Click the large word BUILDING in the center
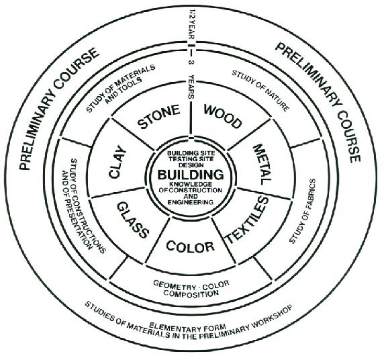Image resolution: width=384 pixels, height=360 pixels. (x=191, y=175)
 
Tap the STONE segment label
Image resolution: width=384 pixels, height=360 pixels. (x=158, y=117)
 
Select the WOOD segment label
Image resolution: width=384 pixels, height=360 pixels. (x=222, y=116)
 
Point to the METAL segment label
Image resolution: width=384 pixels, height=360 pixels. (x=262, y=165)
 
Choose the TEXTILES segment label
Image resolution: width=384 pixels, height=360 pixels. (x=247, y=220)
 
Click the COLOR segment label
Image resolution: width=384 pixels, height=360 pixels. (x=190, y=246)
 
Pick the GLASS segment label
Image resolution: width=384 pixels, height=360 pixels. (x=133, y=220)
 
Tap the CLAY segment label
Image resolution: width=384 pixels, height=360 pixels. (x=117, y=162)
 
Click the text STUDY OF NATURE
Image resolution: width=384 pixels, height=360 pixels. (x=260, y=91)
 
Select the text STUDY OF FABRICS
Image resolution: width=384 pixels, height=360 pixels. (x=303, y=211)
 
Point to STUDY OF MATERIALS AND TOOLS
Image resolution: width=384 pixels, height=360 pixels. (x=121, y=88)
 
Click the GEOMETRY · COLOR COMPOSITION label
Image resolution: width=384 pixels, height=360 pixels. (x=191, y=288)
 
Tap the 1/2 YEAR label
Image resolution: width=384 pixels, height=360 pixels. (x=192, y=24)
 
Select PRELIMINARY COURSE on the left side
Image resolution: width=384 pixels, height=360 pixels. (x=59, y=109)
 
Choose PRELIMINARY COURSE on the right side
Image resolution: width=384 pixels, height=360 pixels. (x=318, y=103)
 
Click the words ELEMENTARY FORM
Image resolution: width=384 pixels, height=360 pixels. (x=187, y=326)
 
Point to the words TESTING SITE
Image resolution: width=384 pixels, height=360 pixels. (x=191, y=159)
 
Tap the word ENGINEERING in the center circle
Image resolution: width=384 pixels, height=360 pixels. (x=190, y=202)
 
